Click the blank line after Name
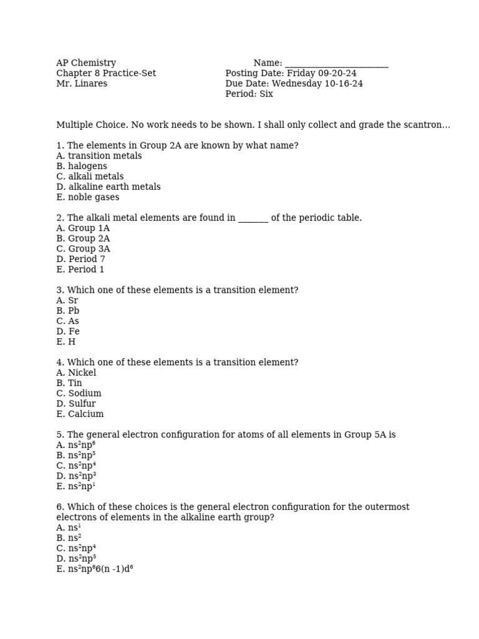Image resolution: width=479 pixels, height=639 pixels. (336, 64)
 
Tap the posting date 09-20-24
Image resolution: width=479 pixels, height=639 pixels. (337, 74)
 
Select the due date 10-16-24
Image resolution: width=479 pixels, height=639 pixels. (344, 84)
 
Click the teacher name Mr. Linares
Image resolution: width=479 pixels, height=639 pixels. (82, 84)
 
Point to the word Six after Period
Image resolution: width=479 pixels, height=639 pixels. (266, 94)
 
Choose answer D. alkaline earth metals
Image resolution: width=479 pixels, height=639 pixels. (108, 187)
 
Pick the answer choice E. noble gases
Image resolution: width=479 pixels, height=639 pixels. (87, 197)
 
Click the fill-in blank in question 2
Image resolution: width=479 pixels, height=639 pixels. (253, 218)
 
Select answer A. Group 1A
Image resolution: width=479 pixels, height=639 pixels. (83, 228)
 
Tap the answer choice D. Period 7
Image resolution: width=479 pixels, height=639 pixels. (80, 259)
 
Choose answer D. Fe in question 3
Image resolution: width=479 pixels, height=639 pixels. (68, 331)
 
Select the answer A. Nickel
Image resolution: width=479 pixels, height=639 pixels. (76, 373)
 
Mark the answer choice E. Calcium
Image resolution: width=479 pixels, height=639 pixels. (80, 414)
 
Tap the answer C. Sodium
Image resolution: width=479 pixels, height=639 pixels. (79, 393)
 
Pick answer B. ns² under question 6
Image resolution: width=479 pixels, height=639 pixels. (69, 538)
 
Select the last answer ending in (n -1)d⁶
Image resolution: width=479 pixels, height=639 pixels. (94, 568)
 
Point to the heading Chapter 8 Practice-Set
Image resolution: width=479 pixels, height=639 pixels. (106, 74)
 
